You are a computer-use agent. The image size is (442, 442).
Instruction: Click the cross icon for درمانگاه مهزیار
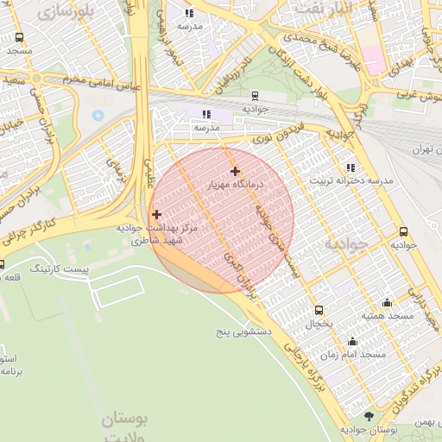235,171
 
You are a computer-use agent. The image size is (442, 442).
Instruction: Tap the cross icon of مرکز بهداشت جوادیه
156,214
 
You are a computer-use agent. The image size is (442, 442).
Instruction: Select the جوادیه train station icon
256,96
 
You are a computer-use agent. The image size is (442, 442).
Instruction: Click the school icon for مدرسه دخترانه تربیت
350,167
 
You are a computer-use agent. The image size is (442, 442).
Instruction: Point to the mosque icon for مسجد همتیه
386,302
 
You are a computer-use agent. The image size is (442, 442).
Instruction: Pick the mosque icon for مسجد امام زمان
352,341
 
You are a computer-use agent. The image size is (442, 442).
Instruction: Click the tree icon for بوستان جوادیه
369,416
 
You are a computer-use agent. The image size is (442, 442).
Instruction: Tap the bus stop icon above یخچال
319,310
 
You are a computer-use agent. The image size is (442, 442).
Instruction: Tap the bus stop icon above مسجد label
20,38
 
